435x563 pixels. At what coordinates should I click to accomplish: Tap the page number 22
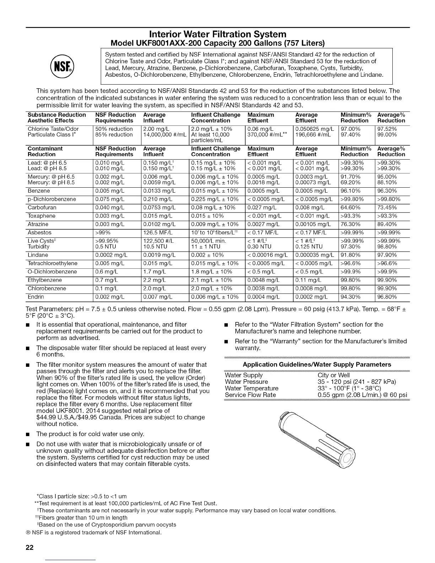(x=29, y=547)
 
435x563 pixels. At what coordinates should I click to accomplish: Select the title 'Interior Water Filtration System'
(x=217, y=34)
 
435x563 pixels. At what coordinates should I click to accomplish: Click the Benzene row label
(x=39, y=191)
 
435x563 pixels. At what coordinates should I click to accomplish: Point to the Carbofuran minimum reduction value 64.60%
(x=350, y=208)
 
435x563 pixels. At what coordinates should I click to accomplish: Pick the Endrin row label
(x=36, y=297)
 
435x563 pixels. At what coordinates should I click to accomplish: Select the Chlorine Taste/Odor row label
(x=53, y=129)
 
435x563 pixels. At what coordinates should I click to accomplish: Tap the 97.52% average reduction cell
(x=387, y=129)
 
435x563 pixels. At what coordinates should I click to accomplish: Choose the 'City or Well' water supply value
(x=334, y=375)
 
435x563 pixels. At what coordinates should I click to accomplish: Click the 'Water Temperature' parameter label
(x=252, y=388)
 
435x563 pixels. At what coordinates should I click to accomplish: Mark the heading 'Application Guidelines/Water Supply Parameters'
(x=317, y=364)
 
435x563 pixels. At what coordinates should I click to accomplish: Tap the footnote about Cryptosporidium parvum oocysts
(x=107, y=525)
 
